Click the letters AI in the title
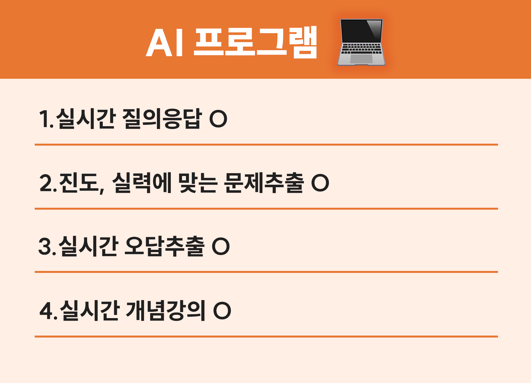(x=164, y=42)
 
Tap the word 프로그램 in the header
(x=255, y=42)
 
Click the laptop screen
(x=361, y=31)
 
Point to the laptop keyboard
(x=361, y=49)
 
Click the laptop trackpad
(x=361, y=59)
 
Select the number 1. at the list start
(x=46, y=119)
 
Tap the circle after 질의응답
(x=218, y=119)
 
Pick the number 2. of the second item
(x=48, y=183)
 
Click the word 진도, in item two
(x=82, y=183)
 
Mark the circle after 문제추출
(x=320, y=183)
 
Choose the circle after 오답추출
(x=221, y=246)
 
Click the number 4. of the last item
(x=49, y=311)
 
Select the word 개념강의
(x=166, y=310)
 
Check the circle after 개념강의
(x=222, y=311)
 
